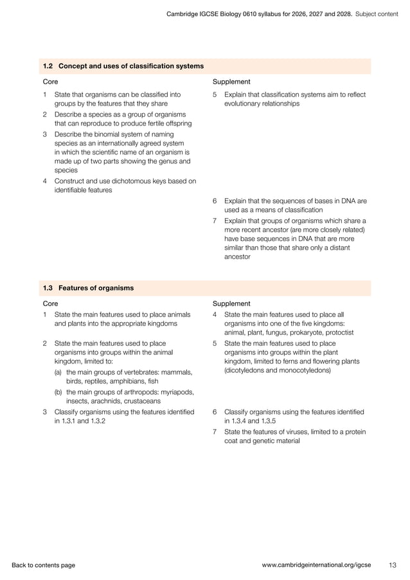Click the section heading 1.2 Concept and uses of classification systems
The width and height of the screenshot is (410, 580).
pos(123,66)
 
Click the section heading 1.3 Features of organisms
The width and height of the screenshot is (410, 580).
pos(88,288)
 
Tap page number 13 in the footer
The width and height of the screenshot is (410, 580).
pos(393,565)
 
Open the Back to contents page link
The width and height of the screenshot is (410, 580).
pos(43,565)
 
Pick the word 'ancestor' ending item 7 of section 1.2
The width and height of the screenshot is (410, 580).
pos(238,257)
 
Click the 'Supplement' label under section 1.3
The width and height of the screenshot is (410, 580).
pos(231,304)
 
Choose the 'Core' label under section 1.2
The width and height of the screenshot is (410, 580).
pos(50,82)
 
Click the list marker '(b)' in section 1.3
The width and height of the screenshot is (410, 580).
pos(58,392)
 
